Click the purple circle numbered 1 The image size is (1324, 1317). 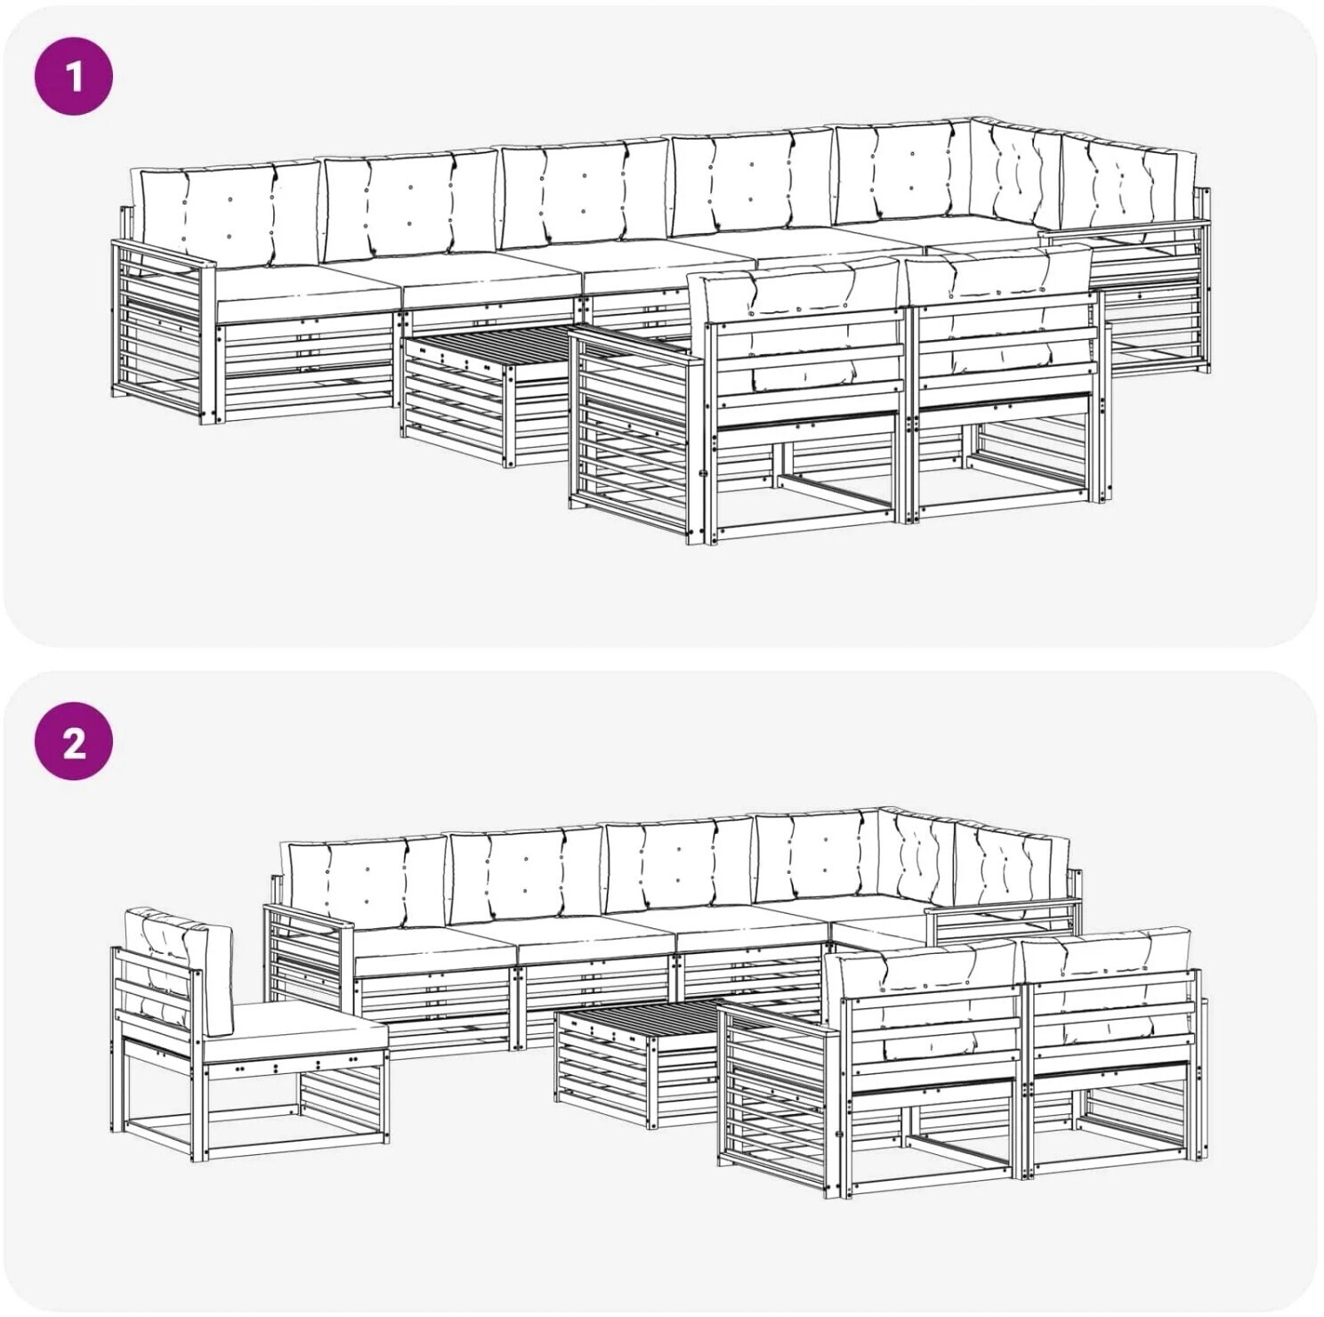point(74,77)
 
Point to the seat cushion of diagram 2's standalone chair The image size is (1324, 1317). point(297,1037)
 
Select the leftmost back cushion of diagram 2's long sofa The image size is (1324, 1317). point(365,881)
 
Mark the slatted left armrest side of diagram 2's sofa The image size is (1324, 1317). point(308,966)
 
